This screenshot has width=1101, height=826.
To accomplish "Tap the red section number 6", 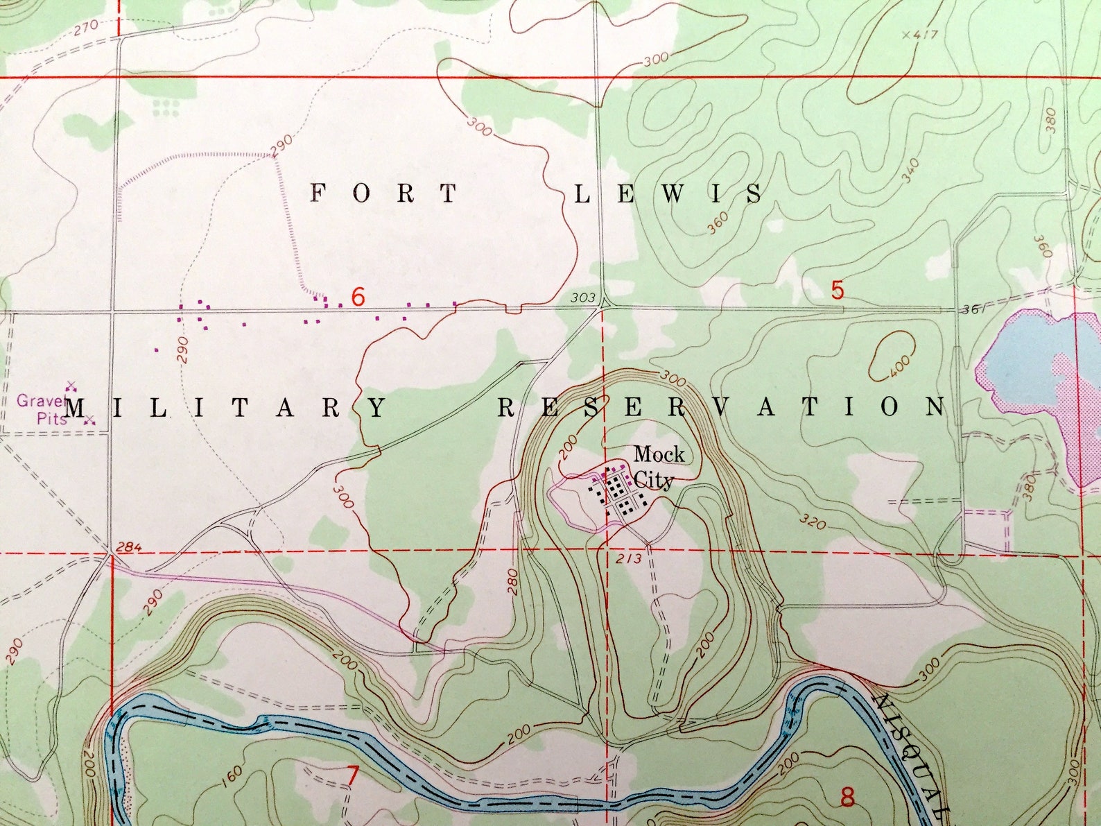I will coord(358,297).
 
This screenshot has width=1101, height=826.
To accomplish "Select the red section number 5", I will coord(838,290).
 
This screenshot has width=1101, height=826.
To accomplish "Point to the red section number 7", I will coord(352,777).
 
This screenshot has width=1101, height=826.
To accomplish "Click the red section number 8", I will coord(847,798).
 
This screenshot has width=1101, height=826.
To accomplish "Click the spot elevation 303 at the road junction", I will coord(583,298).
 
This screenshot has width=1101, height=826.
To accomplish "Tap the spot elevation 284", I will coord(129,547).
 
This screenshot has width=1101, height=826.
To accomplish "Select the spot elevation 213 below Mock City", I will coord(628,559).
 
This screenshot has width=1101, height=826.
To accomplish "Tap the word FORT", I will coord(383,193).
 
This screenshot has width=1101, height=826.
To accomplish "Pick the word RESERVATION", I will coord(721,407).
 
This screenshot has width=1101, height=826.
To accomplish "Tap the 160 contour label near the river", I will coord(233,772).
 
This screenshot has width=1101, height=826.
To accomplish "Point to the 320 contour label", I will coord(812,520).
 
